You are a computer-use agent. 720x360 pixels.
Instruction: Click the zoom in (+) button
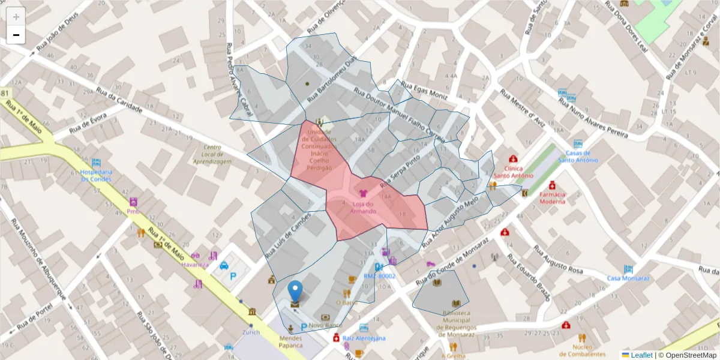tap(16, 17)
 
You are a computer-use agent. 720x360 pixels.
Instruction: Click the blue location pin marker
tap(295, 291)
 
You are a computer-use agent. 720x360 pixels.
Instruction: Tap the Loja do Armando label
tap(362, 208)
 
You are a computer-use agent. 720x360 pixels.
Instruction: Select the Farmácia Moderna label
tap(552, 198)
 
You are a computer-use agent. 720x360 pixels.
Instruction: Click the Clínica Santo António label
tap(514, 172)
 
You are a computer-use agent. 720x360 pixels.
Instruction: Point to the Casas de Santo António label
tap(578, 157)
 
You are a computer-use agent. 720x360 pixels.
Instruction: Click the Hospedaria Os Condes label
tap(96, 175)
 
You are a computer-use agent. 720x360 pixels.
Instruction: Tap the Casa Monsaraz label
tap(628, 278)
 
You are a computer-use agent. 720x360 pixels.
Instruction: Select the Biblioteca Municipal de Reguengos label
tap(460, 323)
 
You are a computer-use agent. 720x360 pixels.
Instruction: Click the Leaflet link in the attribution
tap(641, 355)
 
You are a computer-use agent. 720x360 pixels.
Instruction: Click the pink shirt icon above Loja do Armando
tap(362, 194)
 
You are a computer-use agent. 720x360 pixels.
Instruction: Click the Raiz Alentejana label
tap(364, 338)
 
